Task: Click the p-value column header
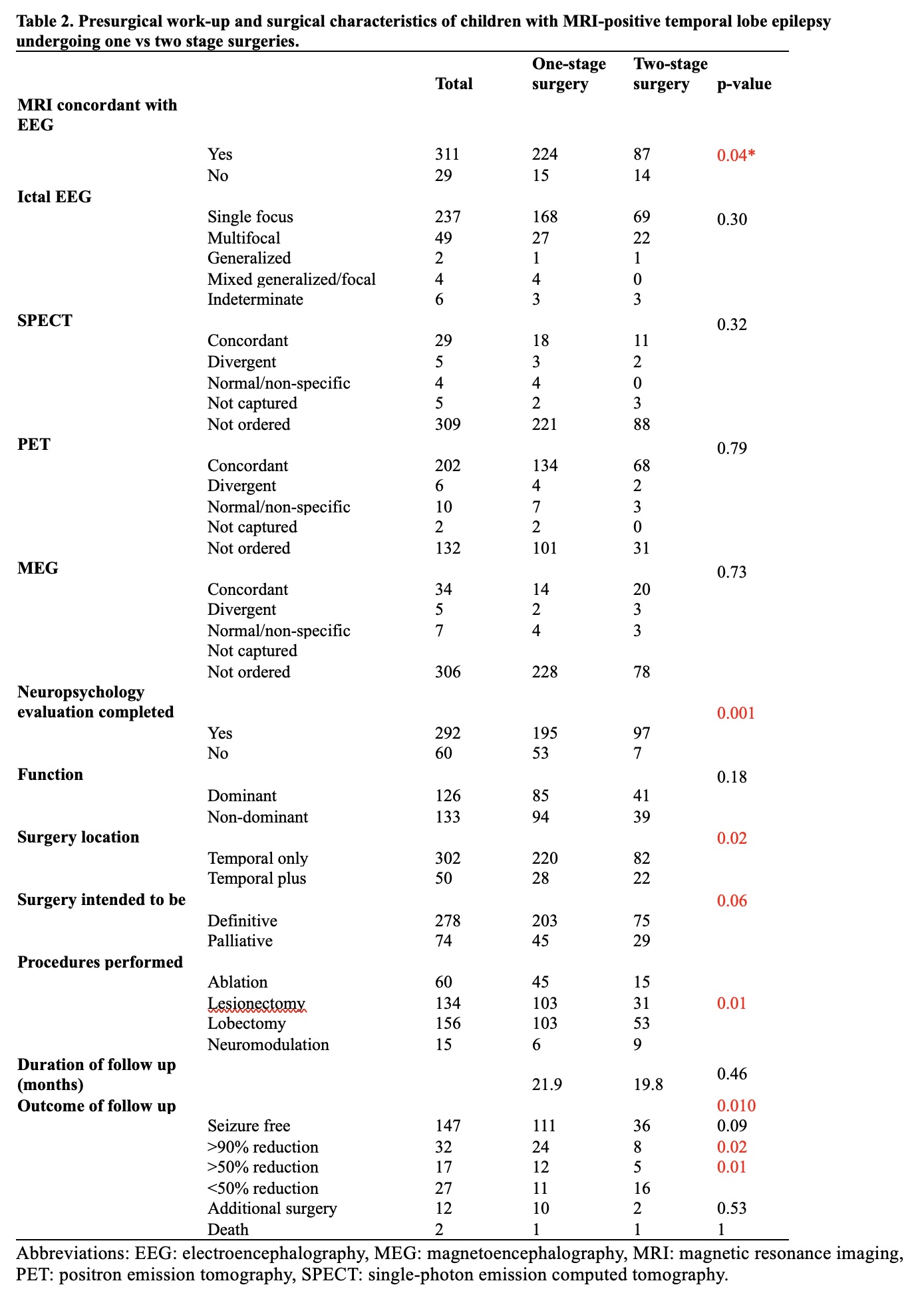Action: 744,85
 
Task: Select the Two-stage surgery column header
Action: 670,74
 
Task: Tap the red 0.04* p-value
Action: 736,156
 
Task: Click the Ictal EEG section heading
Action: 55,197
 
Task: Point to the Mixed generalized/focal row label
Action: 291,279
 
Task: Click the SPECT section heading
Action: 45,321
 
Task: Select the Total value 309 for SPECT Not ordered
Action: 447,425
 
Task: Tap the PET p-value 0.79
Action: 732,449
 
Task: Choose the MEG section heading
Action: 38,568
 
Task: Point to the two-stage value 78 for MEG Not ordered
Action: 641,672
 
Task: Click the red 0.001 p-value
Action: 736,713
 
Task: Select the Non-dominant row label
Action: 257,817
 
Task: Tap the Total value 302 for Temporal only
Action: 447,858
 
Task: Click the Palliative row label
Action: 239,941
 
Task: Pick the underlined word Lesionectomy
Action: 256,1004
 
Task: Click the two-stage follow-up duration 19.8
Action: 648,1085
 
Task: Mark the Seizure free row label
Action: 249,1126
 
